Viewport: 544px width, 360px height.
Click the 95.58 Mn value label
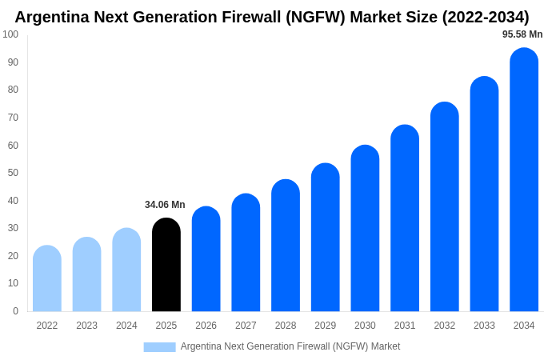pyautogui.click(x=522, y=34)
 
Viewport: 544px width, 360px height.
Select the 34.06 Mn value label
pyautogui.click(x=165, y=205)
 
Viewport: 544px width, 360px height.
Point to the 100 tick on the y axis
pyautogui.click(x=10, y=34)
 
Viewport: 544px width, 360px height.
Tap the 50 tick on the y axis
pyautogui.click(x=13, y=173)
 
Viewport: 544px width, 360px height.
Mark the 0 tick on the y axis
pyautogui.click(x=15, y=311)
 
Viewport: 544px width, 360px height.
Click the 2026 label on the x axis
pyautogui.click(x=206, y=326)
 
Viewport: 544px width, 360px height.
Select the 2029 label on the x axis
pyautogui.click(x=325, y=326)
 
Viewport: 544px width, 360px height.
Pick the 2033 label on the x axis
pyautogui.click(x=484, y=326)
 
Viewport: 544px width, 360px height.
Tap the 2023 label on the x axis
pyautogui.click(x=86, y=326)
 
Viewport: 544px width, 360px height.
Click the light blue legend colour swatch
pyautogui.click(x=159, y=346)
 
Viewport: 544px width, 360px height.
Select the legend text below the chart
pyautogui.click(x=290, y=346)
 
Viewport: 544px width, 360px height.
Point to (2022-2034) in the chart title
pyautogui.click(x=486, y=17)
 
